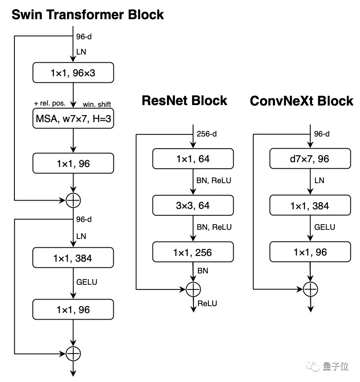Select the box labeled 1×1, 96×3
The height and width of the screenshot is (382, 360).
click(73, 73)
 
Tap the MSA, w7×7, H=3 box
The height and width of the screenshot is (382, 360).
click(73, 119)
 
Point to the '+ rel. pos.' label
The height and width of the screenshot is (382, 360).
click(49, 104)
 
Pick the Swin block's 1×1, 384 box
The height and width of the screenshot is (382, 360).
click(73, 258)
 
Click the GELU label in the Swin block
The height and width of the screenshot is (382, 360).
click(87, 282)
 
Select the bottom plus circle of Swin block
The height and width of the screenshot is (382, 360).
click(73, 353)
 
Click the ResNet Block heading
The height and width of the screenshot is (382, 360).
click(184, 101)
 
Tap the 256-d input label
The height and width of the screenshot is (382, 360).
click(207, 134)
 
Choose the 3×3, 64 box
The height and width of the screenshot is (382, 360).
click(193, 205)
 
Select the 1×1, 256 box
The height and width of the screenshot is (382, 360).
click(193, 252)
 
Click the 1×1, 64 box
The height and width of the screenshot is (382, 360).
click(193, 159)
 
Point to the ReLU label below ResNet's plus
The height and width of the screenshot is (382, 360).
click(207, 304)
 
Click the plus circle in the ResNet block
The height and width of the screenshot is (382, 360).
click(193, 289)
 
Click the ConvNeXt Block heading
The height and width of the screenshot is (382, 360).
click(301, 101)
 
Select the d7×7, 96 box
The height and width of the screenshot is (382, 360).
click(310, 159)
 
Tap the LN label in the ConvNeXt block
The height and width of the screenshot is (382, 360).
click(319, 180)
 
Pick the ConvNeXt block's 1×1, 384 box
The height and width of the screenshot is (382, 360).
click(310, 205)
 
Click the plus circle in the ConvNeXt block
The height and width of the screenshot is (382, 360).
click(310, 289)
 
